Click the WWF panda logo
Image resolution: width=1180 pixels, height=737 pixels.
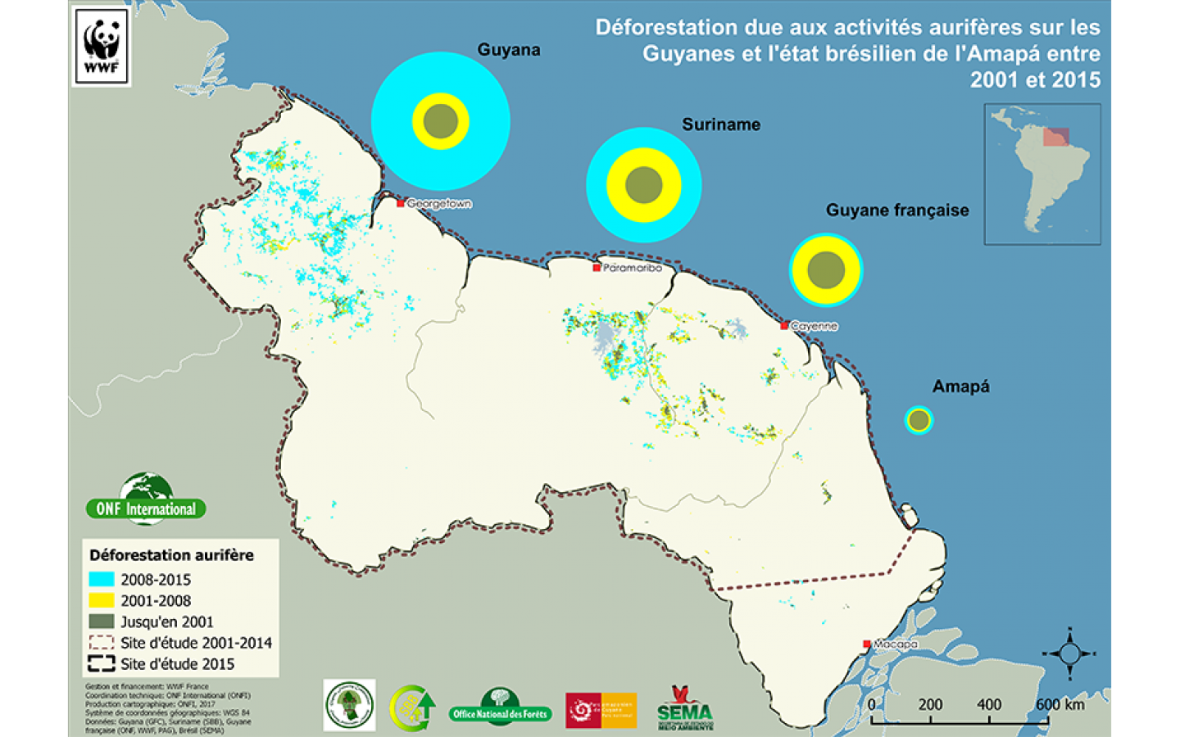(102, 46)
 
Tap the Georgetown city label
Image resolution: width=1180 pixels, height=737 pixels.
(439, 204)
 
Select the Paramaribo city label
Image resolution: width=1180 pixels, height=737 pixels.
(633, 268)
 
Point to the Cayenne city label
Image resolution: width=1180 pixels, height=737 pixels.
(814, 326)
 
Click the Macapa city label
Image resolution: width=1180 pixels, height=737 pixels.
(895, 644)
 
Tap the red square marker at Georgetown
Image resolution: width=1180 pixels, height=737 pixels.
(401, 203)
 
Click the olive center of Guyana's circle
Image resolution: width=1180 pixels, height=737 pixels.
(441, 121)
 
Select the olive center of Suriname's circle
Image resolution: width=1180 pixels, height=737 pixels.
(644, 186)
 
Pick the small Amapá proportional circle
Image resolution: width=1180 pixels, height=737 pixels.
(919, 420)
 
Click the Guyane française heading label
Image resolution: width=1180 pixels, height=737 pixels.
(897, 210)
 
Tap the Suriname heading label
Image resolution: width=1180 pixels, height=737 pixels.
(721, 124)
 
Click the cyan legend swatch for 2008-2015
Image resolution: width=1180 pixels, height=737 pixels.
(102, 579)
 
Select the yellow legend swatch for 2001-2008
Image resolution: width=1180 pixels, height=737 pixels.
(102, 600)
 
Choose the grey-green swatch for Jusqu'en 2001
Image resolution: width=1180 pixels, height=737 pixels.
(102, 622)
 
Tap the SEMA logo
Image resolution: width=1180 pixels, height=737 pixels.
(684, 708)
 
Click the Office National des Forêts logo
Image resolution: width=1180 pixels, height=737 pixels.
(500, 707)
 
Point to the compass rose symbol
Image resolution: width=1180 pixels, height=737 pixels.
(1069, 653)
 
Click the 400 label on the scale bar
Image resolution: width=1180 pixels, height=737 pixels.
(989, 704)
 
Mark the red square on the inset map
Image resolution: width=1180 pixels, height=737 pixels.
(1055, 137)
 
